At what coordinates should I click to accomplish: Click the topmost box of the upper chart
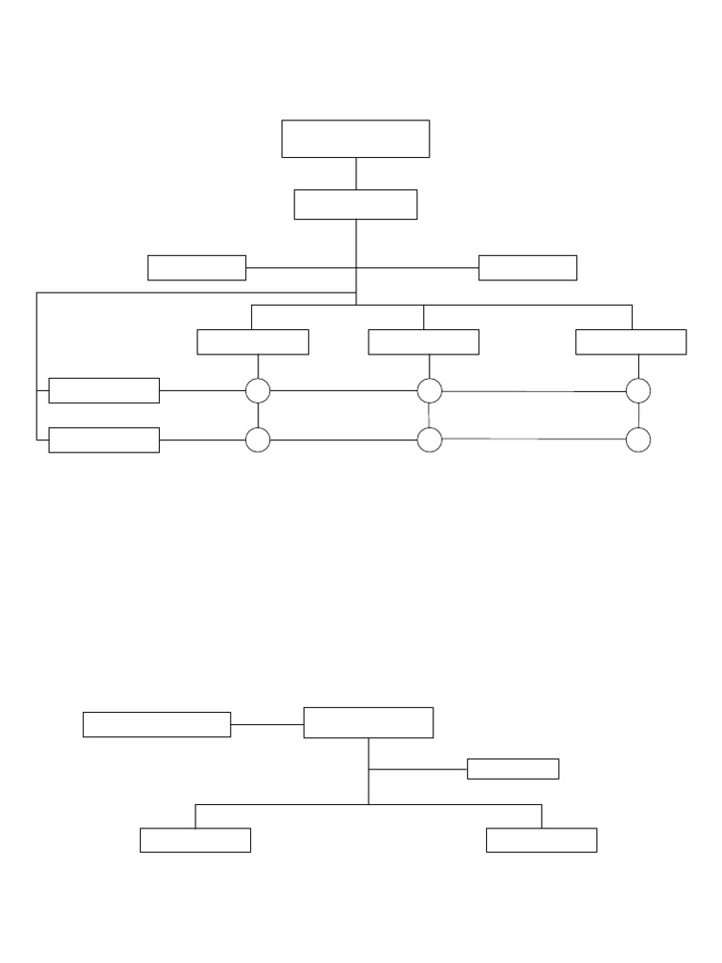coord(355,138)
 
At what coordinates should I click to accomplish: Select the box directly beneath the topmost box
coord(355,204)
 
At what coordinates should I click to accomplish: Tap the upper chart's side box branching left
coord(196,267)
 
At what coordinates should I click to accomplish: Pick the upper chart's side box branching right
coord(527,267)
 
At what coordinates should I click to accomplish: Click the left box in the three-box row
coord(253,342)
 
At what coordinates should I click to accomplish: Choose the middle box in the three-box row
coord(423,342)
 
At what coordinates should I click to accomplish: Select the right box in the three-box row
coord(631,342)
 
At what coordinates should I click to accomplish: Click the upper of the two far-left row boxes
coord(103,390)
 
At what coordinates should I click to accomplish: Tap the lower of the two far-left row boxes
coord(103,440)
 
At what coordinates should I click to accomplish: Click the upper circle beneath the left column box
coord(258,390)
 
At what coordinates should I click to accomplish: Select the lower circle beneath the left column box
coord(258,439)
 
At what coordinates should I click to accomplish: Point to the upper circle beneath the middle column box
coord(430,390)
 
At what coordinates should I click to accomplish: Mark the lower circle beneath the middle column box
coord(430,439)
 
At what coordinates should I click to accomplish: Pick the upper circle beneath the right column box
coord(638,390)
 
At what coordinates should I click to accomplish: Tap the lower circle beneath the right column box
coord(638,439)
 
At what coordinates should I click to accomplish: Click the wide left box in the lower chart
coord(157,724)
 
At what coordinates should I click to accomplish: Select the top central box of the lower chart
coord(369,722)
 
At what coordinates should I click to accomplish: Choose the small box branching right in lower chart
coord(512,768)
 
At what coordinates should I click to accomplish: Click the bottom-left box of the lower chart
coord(196,840)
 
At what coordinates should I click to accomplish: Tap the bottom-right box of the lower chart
coord(541,840)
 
